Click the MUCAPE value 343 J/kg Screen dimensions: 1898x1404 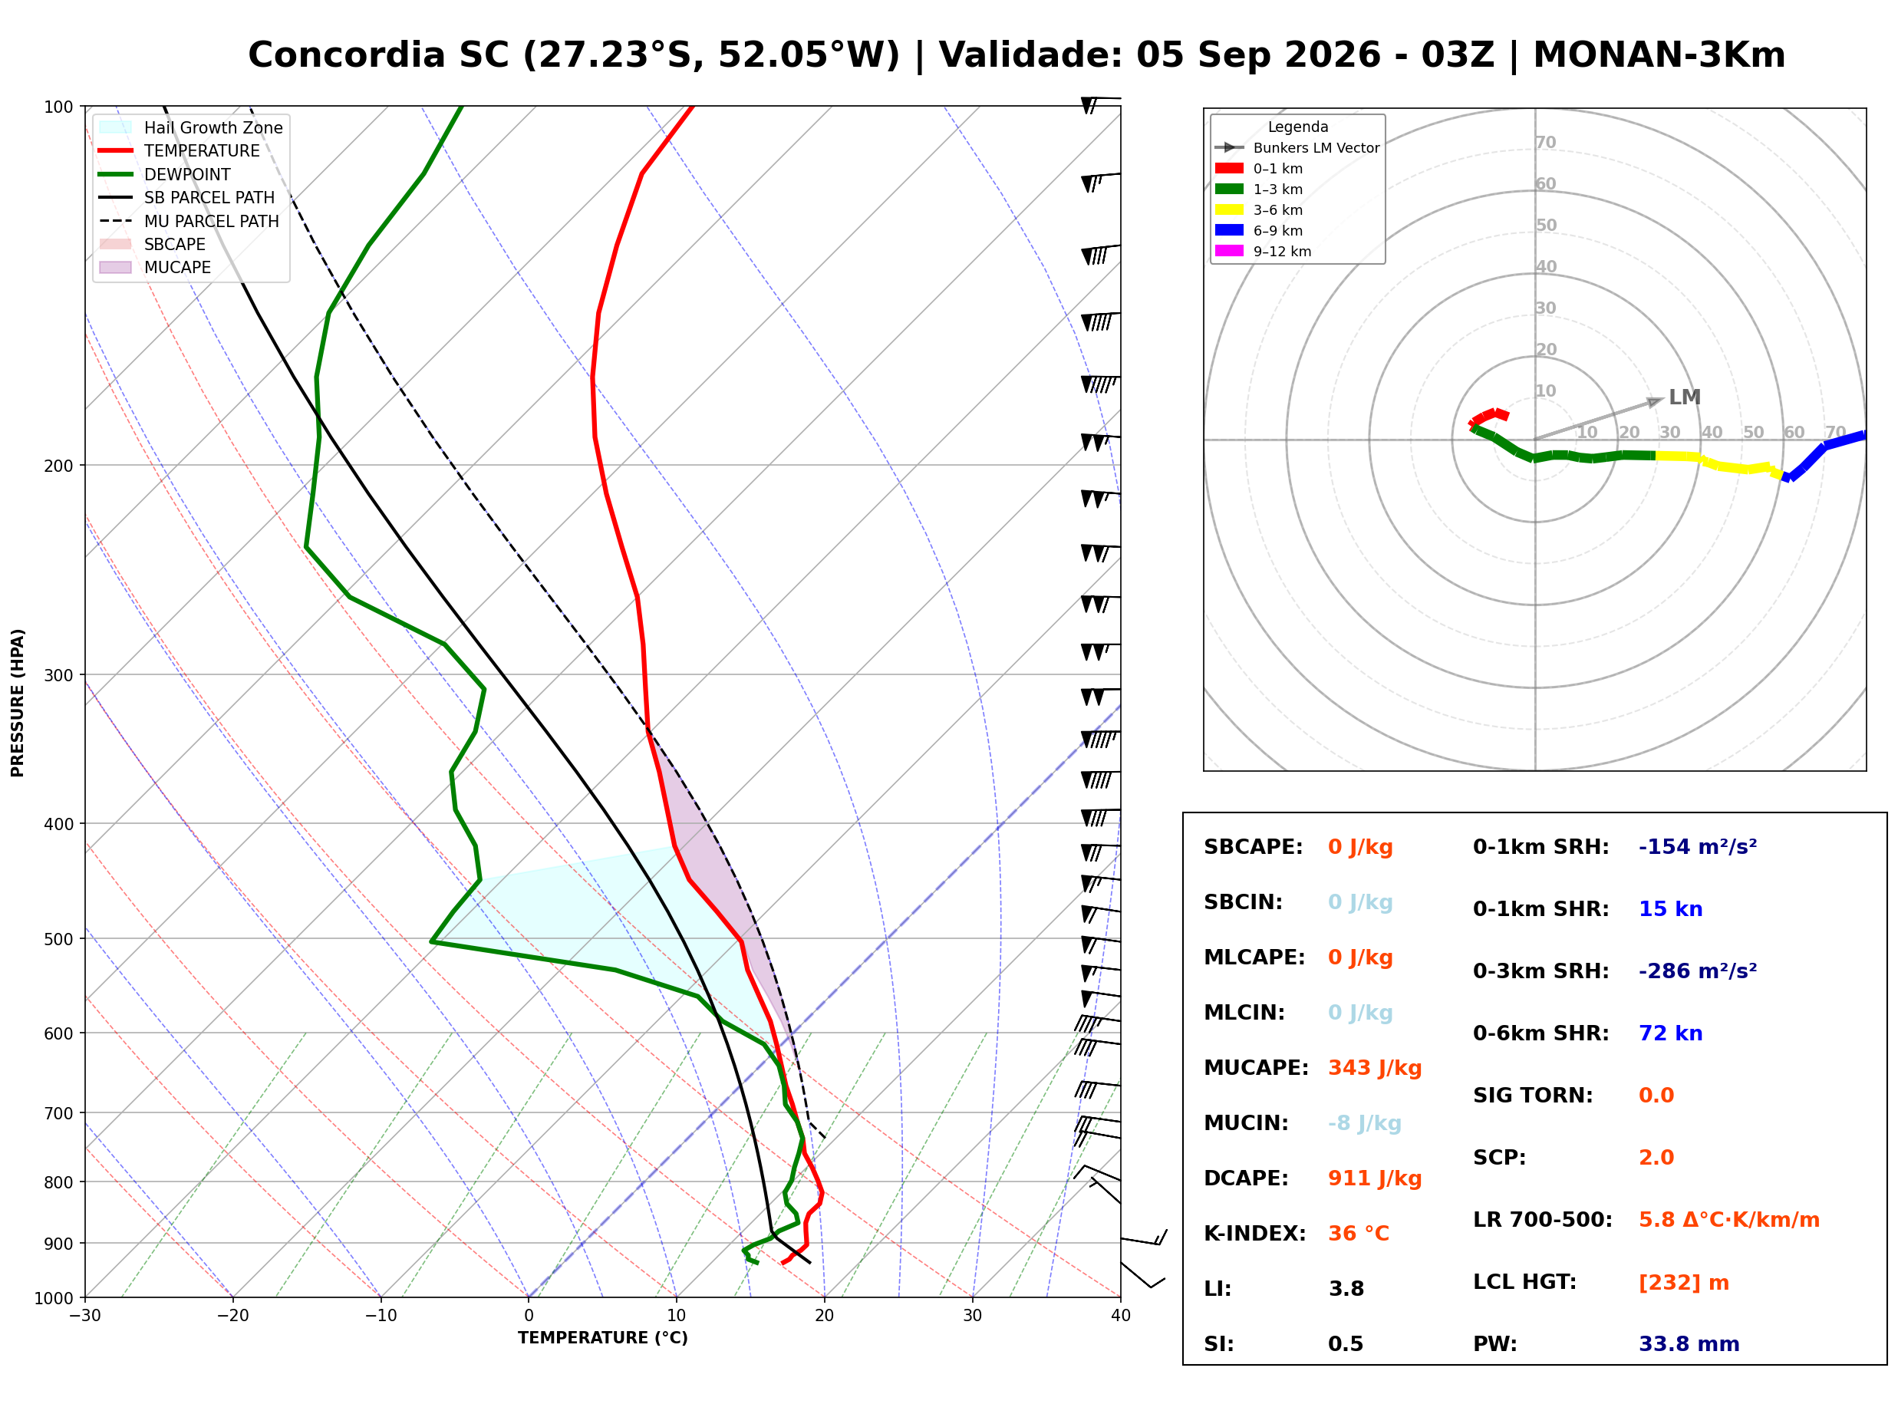1375,1068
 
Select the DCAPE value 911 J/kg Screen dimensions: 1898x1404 1375,1178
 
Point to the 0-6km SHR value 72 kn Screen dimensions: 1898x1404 1670,1033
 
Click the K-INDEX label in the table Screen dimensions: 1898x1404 1255,1234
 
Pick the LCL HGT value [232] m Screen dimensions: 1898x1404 1684,1283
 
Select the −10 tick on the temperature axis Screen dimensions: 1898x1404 381,1317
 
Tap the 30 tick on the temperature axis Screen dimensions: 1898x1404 973,1317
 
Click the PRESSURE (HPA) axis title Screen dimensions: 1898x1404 18,703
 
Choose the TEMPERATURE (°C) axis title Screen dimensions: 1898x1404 603,1339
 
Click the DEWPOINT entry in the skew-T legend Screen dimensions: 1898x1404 187,175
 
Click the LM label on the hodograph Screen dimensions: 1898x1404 1685,397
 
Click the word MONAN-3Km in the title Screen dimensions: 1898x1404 1659,55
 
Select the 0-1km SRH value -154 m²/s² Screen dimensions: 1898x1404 1698,847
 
